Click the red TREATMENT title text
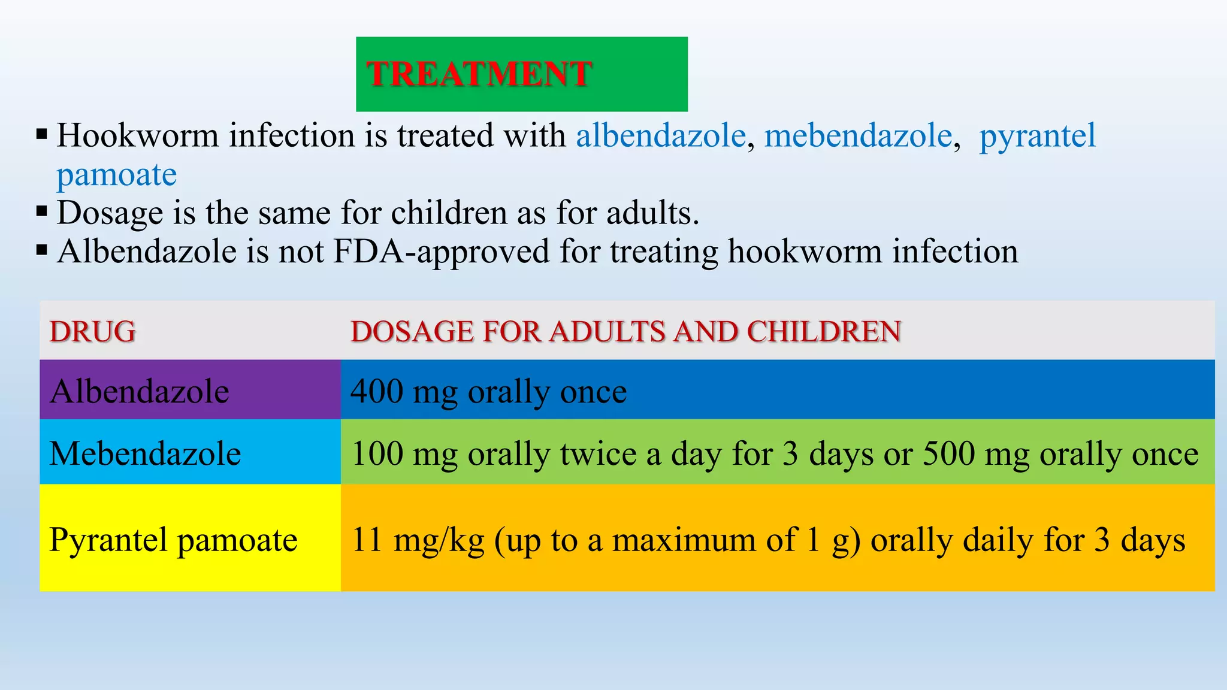(479, 74)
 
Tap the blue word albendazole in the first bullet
(661, 135)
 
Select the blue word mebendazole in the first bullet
(858, 135)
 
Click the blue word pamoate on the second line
(117, 175)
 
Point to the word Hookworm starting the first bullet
(138, 135)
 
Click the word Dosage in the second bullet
(110, 213)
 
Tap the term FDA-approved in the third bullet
(441, 252)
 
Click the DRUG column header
(93, 332)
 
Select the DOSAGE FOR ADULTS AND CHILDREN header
(625, 332)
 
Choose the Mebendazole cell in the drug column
(189, 453)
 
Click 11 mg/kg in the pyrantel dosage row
(418, 540)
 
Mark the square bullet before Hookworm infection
(41, 133)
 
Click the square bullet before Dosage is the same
(41, 211)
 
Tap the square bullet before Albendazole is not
(41, 249)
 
